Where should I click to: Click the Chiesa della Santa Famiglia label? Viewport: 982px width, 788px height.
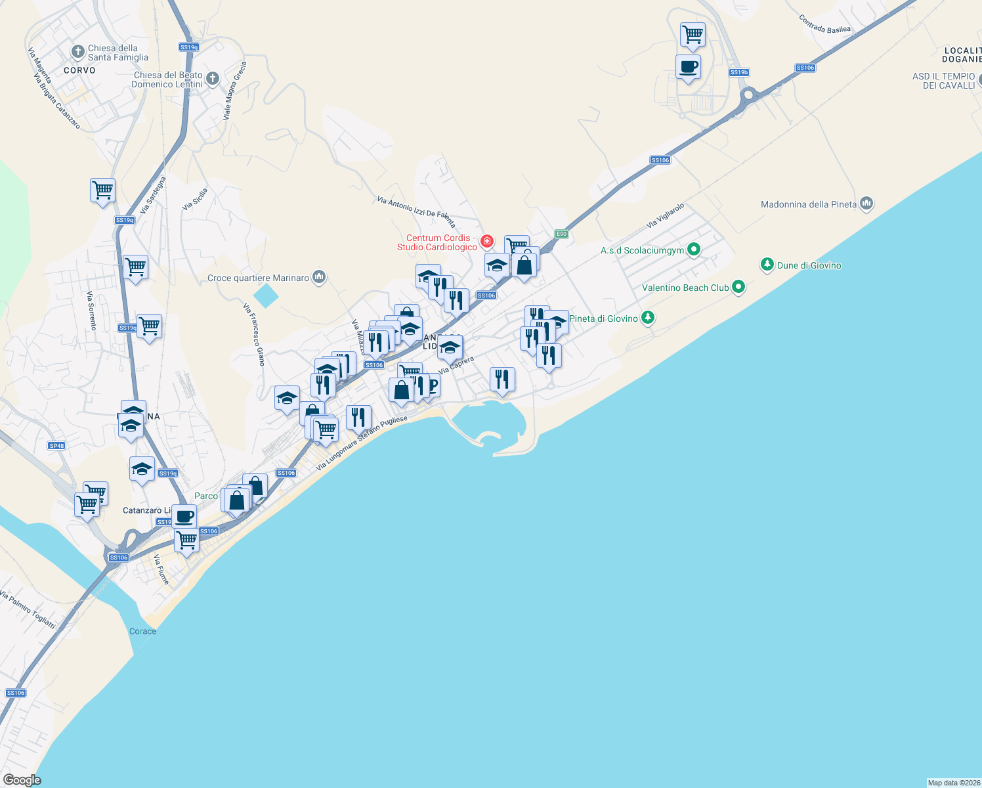point(117,53)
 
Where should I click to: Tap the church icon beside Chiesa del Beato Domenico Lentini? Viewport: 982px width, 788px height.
point(213,79)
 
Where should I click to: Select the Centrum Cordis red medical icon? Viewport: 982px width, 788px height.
point(487,241)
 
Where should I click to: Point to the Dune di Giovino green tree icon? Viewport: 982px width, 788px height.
point(767,265)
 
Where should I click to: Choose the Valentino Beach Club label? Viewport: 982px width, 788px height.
point(685,288)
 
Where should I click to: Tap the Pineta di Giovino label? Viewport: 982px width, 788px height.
point(603,318)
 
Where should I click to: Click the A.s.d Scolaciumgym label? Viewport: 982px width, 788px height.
point(642,250)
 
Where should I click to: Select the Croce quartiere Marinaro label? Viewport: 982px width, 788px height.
point(258,278)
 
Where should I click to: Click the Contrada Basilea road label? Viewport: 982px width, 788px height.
point(824,24)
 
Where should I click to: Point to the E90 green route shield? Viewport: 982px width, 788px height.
point(561,234)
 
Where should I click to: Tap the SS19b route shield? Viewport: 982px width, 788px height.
point(739,72)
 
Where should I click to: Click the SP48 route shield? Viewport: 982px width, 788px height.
point(56,446)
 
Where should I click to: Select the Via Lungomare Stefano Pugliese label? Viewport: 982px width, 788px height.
point(362,443)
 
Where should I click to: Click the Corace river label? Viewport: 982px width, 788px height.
point(142,631)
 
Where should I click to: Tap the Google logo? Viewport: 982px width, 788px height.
point(22,780)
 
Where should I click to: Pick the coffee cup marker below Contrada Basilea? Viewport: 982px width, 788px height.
point(688,67)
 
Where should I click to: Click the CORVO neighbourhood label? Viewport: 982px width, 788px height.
point(79,70)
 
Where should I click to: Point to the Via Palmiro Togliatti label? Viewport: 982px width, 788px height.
point(28,610)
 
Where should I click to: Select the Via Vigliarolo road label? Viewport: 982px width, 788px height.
point(665,215)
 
